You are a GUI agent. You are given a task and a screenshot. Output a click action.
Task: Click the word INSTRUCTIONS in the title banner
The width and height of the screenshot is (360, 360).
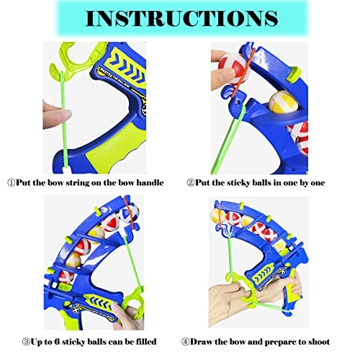coord(181,18)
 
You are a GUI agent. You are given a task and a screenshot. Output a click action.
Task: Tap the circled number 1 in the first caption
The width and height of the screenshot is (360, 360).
coord(12,183)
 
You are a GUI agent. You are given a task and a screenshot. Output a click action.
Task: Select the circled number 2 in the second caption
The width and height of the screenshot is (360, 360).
coord(190,183)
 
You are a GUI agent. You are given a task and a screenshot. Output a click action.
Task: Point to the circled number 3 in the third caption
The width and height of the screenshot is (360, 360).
coord(26,342)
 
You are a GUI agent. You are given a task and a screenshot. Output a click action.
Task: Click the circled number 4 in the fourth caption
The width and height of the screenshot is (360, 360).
coord(185,342)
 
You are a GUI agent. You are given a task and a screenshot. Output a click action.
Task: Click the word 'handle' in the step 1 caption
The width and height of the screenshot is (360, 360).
coord(150,183)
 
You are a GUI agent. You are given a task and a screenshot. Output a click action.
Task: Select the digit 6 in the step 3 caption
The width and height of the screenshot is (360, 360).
coord(57,342)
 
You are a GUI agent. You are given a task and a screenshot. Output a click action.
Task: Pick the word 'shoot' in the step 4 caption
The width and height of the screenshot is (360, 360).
coord(319,342)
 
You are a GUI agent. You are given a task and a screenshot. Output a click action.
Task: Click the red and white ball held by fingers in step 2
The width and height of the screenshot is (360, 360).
coord(233,69)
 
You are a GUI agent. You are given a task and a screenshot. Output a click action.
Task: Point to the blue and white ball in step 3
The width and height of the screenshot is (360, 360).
coord(130,213)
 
